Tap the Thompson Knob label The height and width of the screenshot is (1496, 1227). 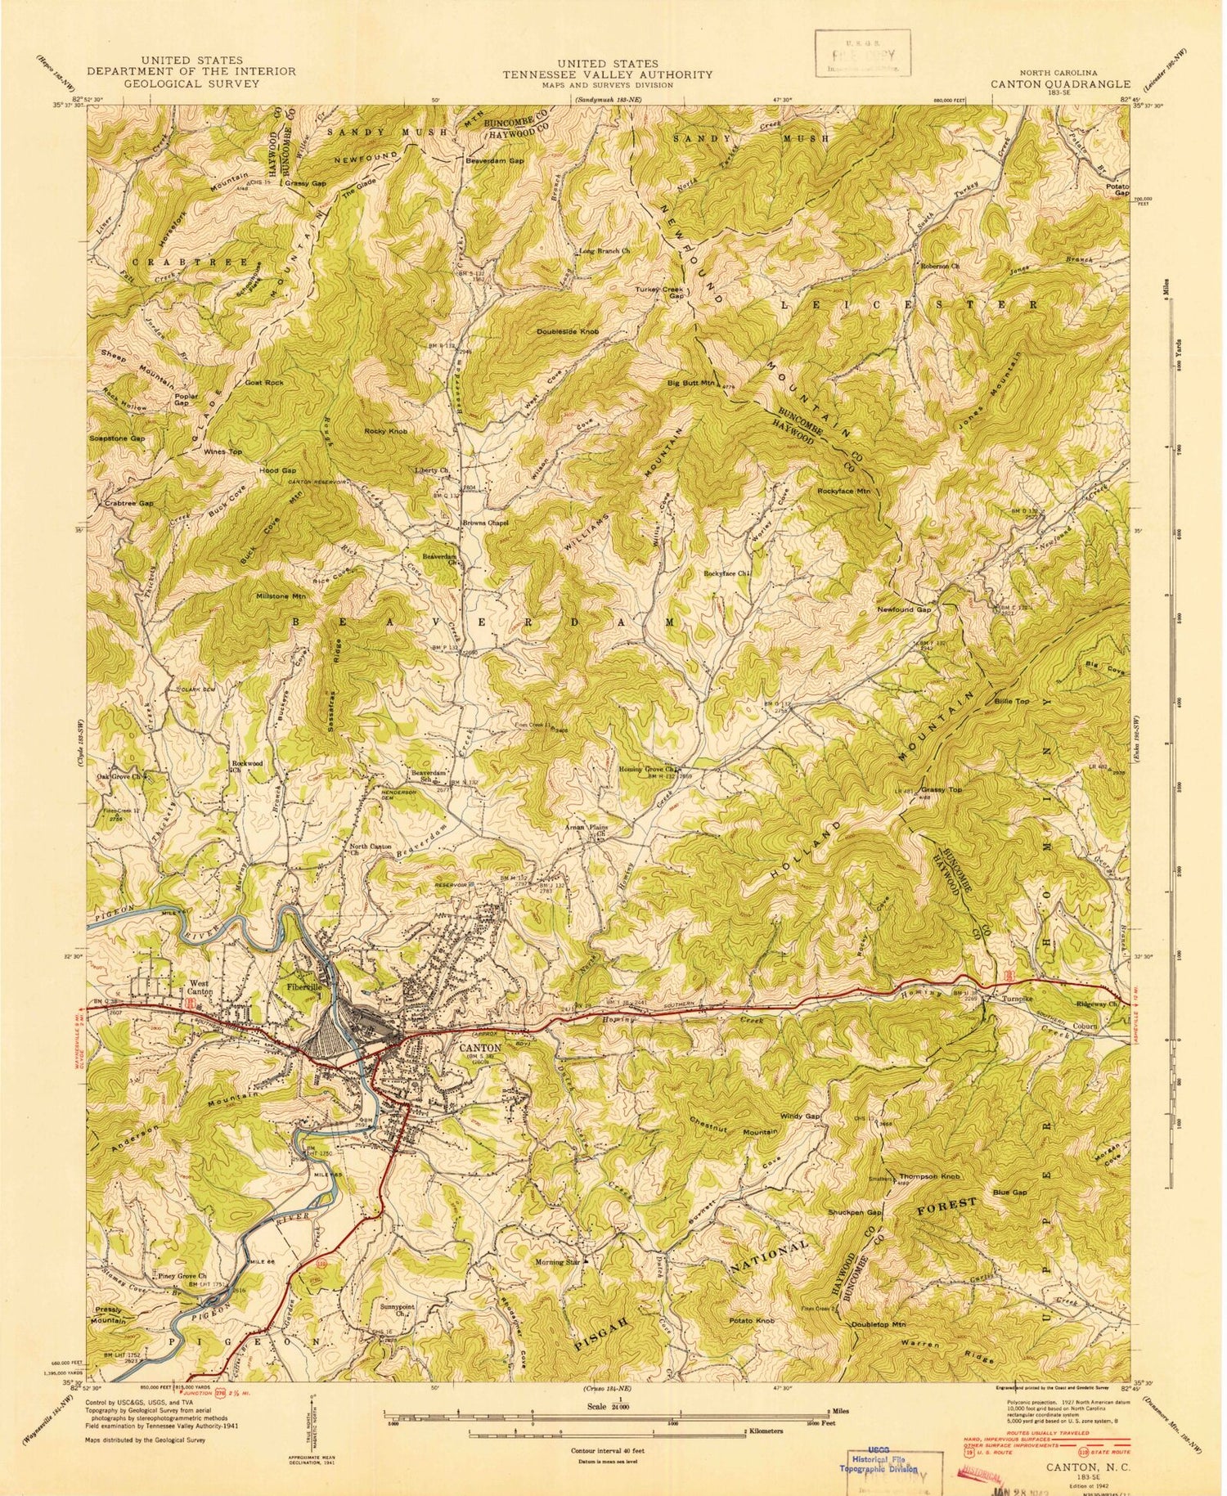929,1176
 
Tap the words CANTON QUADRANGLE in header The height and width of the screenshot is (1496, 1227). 1061,83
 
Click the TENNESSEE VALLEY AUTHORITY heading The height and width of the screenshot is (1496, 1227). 607,74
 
